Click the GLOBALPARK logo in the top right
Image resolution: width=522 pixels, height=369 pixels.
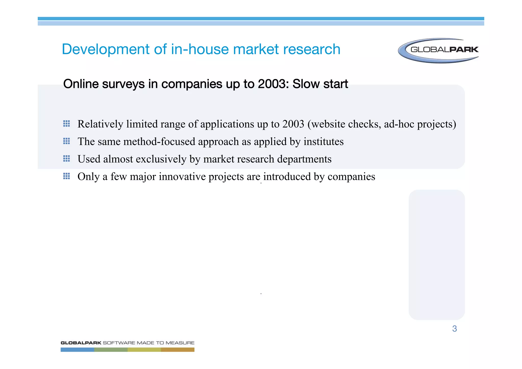point(438,50)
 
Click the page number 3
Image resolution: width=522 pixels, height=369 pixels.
point(454,329)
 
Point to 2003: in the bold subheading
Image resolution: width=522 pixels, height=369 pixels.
point(273,84)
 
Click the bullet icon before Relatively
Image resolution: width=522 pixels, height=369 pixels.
point(67,124)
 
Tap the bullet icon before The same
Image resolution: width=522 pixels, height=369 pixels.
point(67,141)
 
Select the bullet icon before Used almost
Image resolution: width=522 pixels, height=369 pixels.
point(67,159)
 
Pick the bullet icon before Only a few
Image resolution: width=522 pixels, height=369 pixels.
point(67,176)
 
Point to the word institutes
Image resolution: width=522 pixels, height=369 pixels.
point(323,142)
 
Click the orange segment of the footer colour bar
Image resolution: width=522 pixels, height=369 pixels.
point(178,350)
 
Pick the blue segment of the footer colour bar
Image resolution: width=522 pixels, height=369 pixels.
point(77,350)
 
